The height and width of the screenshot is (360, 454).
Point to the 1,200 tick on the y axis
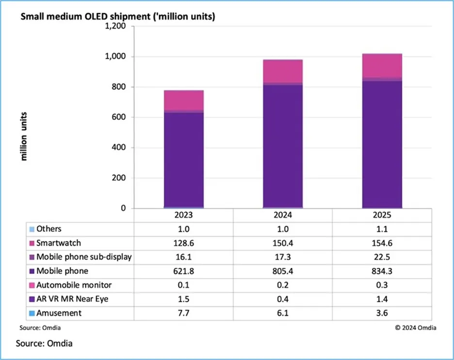(x=115, y=26)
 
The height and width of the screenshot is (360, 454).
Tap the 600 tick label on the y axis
(x=120, y=117)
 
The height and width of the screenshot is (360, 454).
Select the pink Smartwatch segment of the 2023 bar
(x=184, y=100)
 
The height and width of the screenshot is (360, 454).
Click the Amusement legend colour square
(x=32, y=313)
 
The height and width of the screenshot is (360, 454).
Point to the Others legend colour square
(x=32, y=229)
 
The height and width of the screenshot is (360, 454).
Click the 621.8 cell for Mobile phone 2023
(x=184, y=271)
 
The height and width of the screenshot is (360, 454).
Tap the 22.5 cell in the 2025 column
(x=382, y=257)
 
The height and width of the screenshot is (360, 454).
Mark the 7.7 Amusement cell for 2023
(x=184, y=313)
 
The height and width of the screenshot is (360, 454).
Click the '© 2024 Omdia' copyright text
(x=415, y=328)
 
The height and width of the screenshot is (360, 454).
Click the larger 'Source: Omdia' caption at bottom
(x=44, y=344)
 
